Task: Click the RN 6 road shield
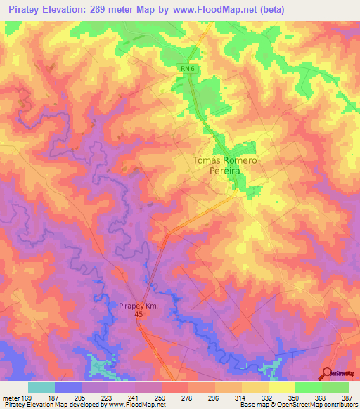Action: point(185,67)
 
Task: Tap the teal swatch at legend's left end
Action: point(41,387)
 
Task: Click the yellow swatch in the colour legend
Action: point(281,387)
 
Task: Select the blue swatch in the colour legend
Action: point(68,387)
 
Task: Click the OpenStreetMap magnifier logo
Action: point(328,372)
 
